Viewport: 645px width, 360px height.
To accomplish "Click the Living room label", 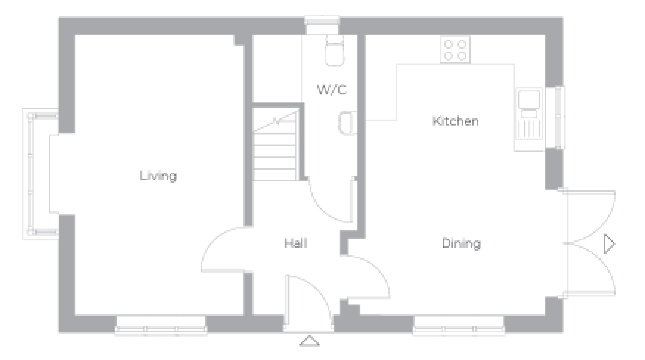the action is pos(158,176).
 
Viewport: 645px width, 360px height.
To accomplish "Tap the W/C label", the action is pos(332,90).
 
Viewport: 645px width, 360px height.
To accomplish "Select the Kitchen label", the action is pos(455,121).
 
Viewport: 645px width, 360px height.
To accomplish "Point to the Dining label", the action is pos(461,244).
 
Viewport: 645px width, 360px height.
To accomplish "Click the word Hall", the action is pos(296,243).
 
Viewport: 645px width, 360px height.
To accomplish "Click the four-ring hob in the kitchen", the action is pos(455,50).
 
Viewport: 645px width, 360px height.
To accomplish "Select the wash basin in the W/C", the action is pos(348,123).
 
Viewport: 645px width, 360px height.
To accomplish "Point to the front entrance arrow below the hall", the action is pos(310,341).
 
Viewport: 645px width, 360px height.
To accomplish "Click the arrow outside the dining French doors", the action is pos(609,244).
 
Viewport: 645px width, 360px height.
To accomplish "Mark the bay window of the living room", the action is pos(40,174).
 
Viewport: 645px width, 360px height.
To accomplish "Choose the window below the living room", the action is pos(161,326).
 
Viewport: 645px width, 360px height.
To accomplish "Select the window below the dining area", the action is pos(459,326).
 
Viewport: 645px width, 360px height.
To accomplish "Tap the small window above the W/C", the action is pos(322,25).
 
